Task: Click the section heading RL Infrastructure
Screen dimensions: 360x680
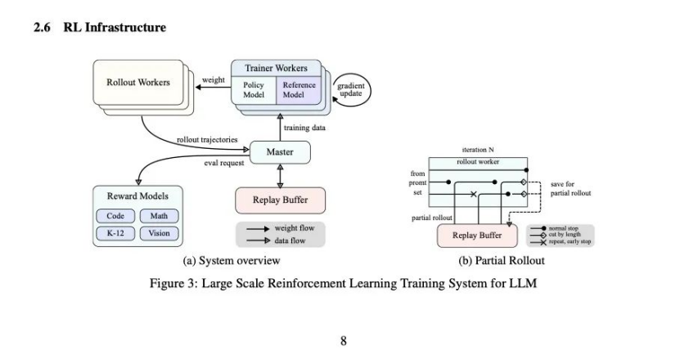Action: click(x=99, y=28)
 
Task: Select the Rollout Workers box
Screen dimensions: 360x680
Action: click(x=138, y=82)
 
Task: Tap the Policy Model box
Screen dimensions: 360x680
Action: click(x=254, y=89)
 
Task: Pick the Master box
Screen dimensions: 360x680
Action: click(x=280, y=152)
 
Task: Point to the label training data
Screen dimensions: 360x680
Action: click(x=306, y=128)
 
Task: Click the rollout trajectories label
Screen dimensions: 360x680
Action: click(x=207, y=140)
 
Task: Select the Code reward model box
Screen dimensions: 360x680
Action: click(x=116, y=216)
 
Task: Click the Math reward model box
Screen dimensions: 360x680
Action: click(x=159, y=216)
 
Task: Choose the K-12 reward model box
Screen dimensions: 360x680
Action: click(x=116, y=233)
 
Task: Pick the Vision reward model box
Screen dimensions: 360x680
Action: click(x=159, y=233)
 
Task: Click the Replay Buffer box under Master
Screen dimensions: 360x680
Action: click(x=280, y=200)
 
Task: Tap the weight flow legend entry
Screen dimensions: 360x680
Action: click(x=281, y=228)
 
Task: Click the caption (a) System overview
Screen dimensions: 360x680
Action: click(x=232, y=261)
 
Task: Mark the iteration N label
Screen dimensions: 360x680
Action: click(x=480, y=151)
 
